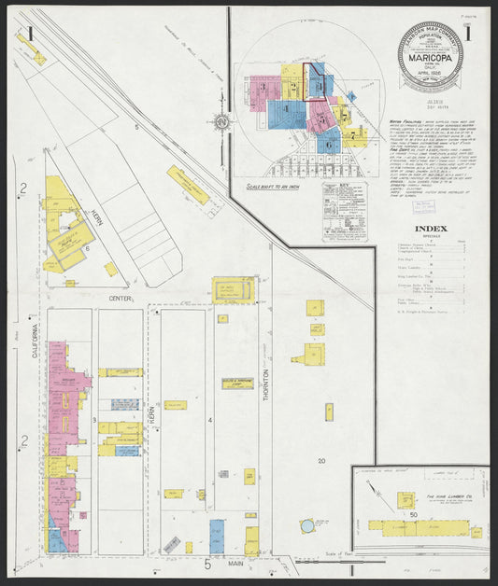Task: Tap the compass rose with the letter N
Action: click(x=221, y=121)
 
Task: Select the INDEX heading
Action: click(x=431, y=228)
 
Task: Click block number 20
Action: click(x=320, y=461)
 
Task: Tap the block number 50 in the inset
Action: click(x=412, y=514)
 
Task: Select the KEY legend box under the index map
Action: click(x=343, y=211)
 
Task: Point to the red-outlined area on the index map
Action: click(x=318, y=82)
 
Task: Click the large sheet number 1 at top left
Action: click(x=32, y=35)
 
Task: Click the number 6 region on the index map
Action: click(x=329, y=145)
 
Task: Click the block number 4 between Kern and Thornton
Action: click(x=211, y=421)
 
